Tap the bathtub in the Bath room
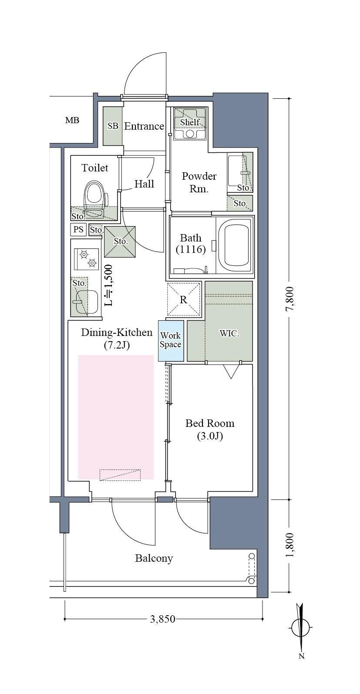[x=235, y=245]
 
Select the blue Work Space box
[x=171, y=341]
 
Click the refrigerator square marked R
[x=184, y=299]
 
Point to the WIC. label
[x=229, y=334]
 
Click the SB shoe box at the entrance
[x=113, y=126]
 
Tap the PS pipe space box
[x=78, y=230]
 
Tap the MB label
[x=72, y=120]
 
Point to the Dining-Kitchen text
[x=117, y=332]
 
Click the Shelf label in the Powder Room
[x=190, y=122]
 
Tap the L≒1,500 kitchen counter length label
[x=108, y=285]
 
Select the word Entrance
[x=144, y=126]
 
